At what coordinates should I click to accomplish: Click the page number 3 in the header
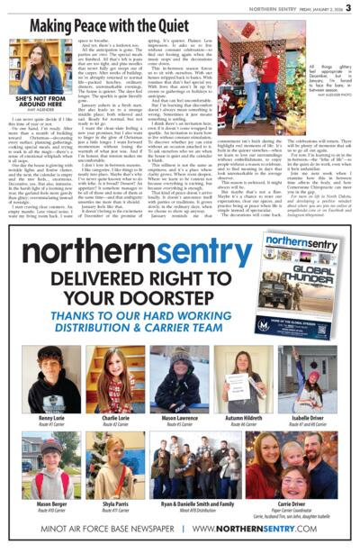[x=348, y=8]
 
